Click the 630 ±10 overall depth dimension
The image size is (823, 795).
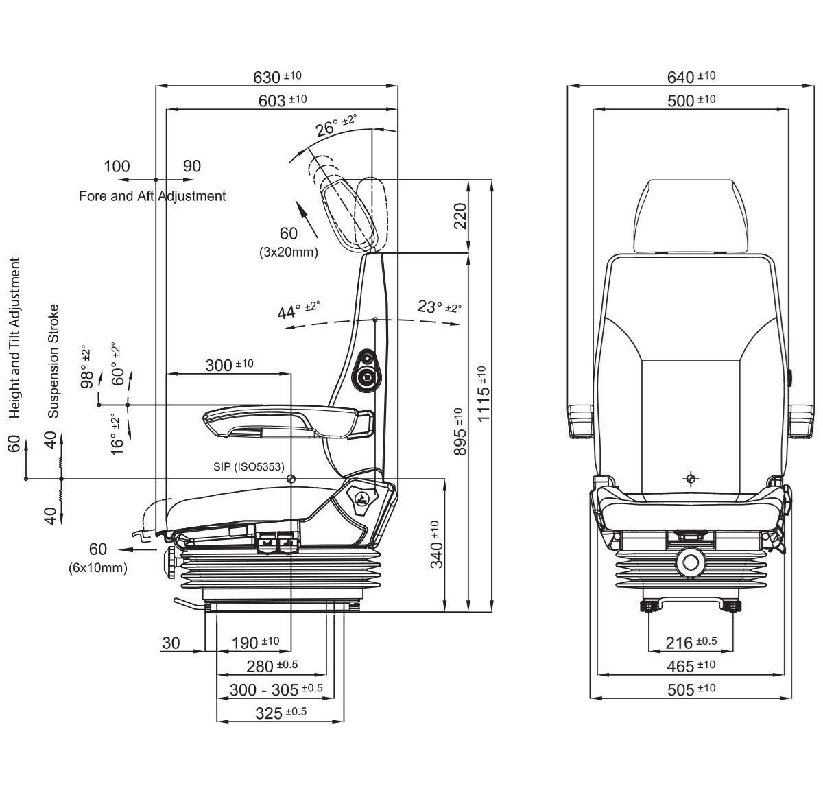(277, 76)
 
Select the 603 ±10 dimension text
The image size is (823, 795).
(282, 100)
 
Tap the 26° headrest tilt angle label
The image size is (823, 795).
(335, 126)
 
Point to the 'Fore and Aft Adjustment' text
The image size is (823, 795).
(152, 196)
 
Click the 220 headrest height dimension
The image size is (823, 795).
(460, 216)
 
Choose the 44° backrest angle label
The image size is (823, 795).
(298, 311)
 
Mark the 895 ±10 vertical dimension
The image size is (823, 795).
(460, 431)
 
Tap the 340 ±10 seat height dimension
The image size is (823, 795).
(437, 545)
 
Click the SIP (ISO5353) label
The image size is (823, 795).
(248, 466)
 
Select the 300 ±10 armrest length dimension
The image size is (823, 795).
(229, 365)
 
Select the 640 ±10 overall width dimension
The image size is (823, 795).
(691, 76)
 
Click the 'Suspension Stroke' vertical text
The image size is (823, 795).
(53, 361)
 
